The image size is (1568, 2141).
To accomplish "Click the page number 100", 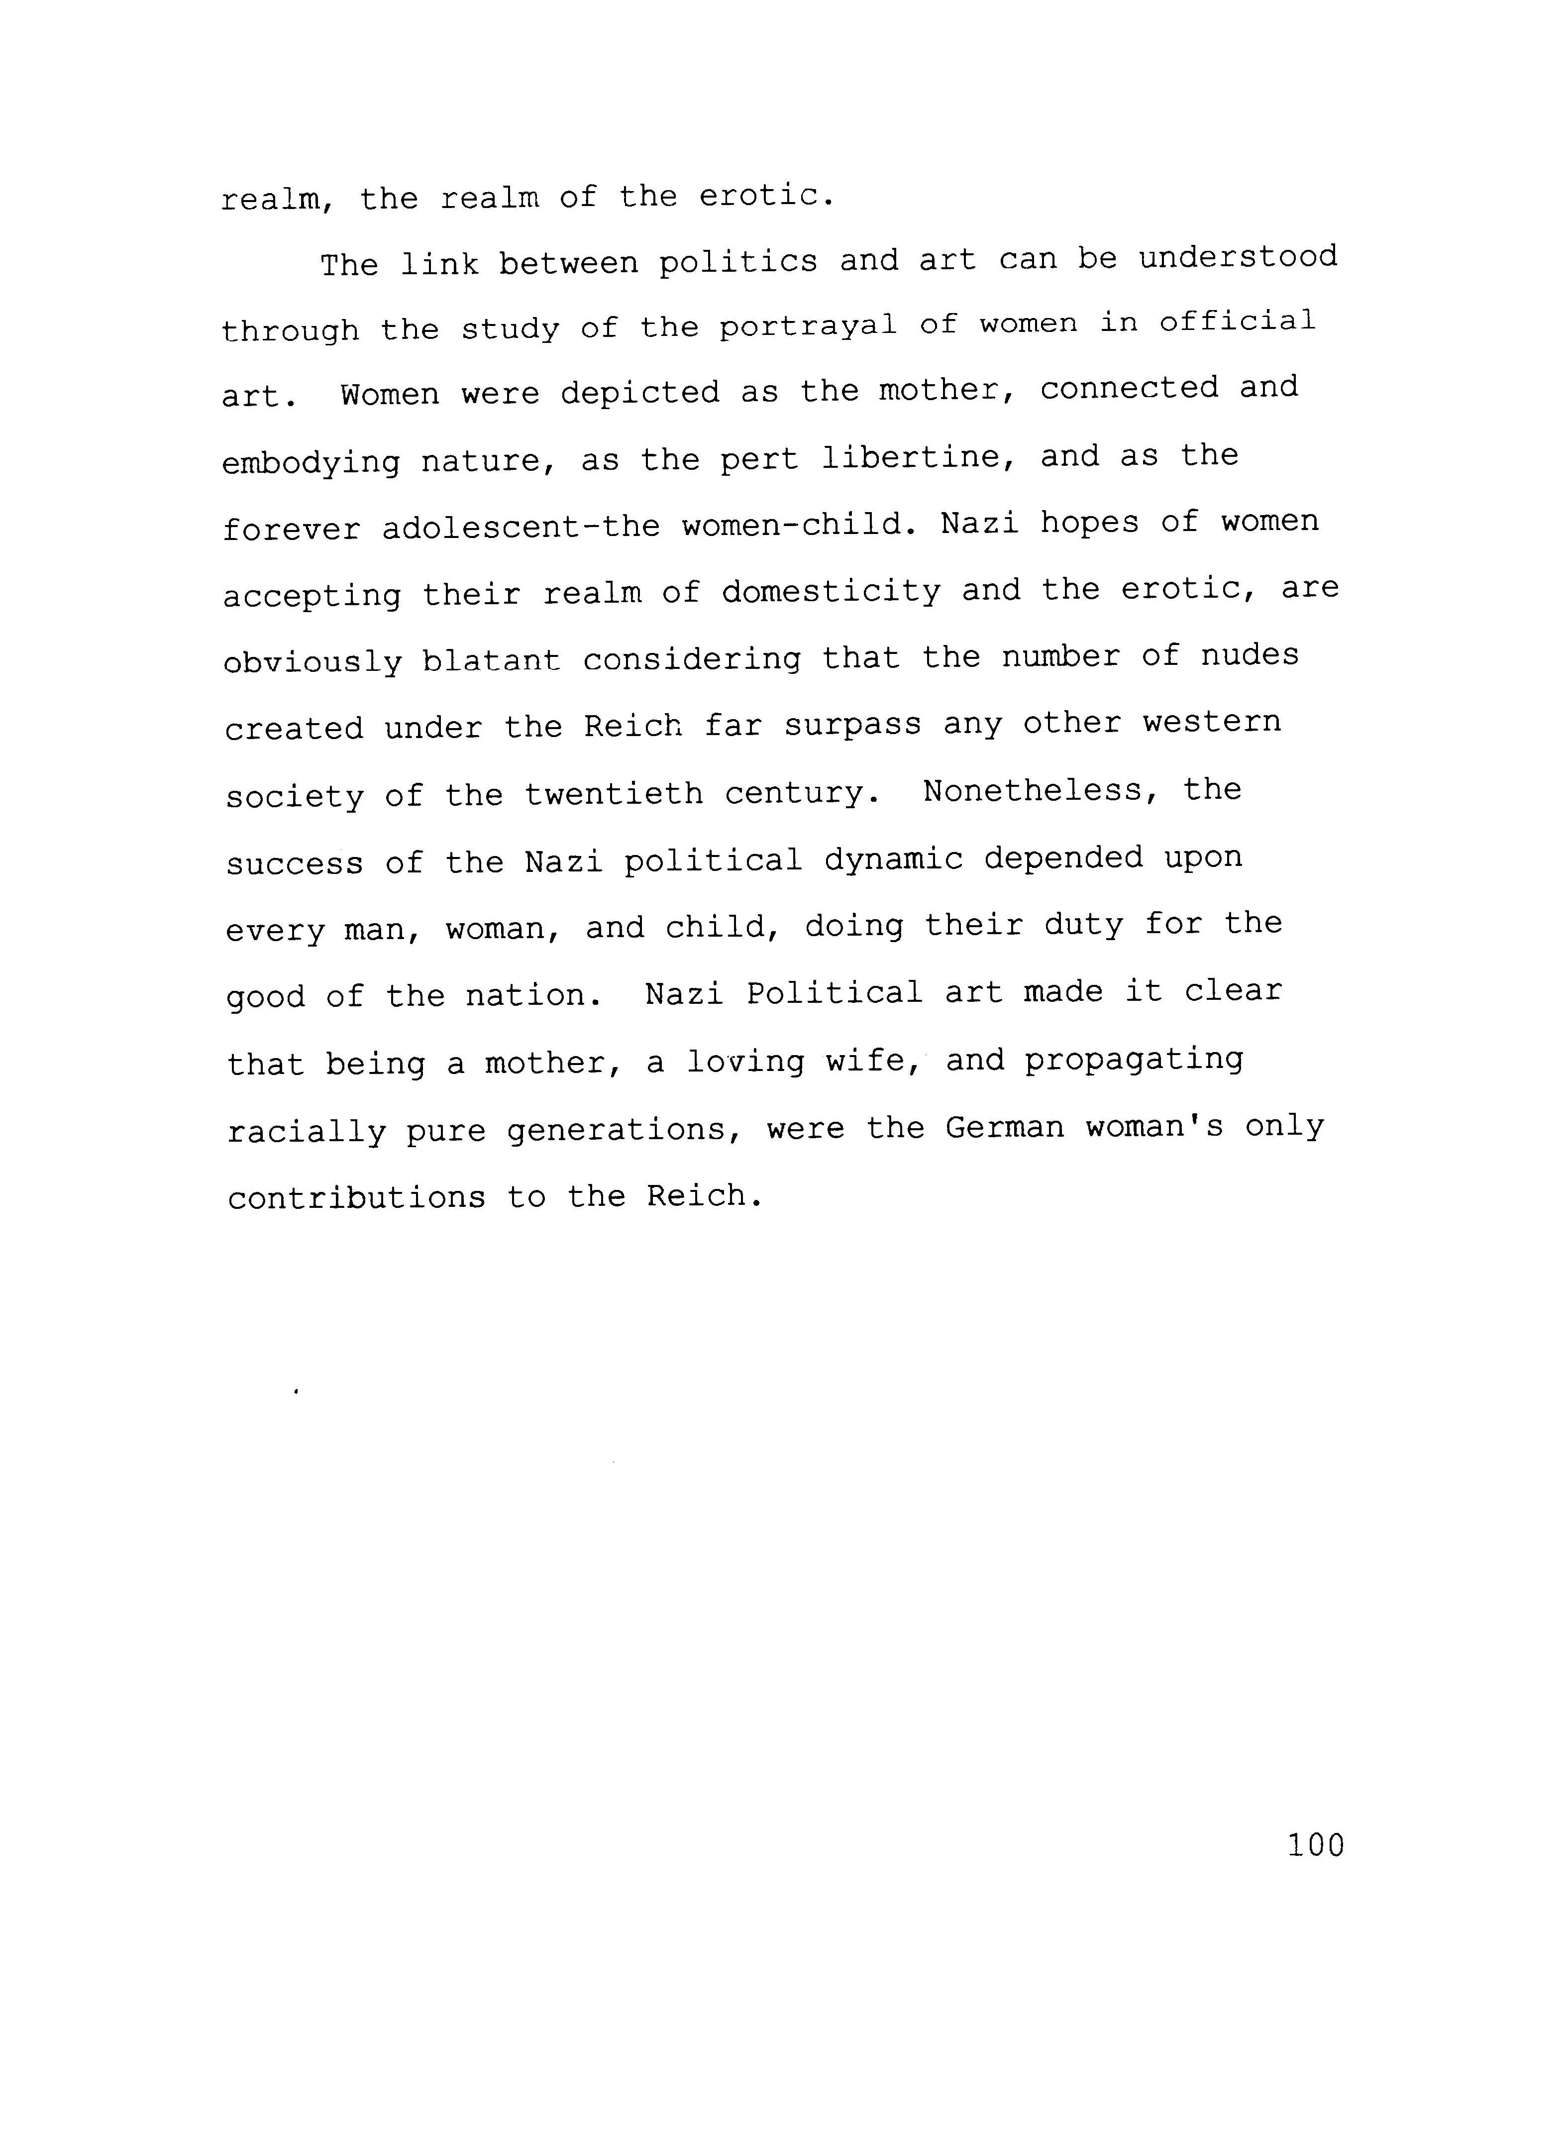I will [x=1316, y=1844].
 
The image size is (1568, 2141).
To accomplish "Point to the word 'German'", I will [x=1004, y=1127].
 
